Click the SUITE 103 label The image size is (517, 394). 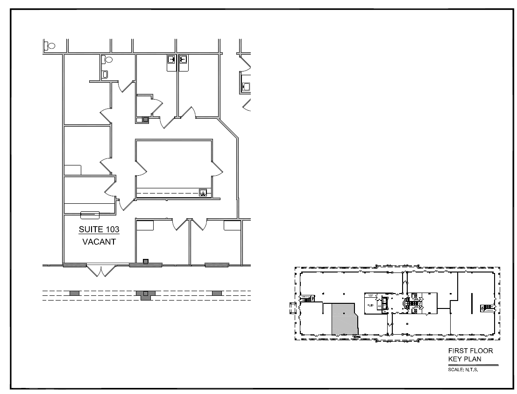click(x=99, y=229)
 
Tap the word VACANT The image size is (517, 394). click(x=99, y=243)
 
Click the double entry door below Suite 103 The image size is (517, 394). click(x=99, y=271)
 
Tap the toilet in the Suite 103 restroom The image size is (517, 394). click(x=108, y=60)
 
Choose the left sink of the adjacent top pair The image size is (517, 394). click(x=171, y=59)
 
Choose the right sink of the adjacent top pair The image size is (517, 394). click(x=184, y=59)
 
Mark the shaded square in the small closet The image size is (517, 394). click(x=146, y=120)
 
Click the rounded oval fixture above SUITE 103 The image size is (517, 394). click(x=90, y=215)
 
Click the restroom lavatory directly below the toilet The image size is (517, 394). click(x=105, y=74)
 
